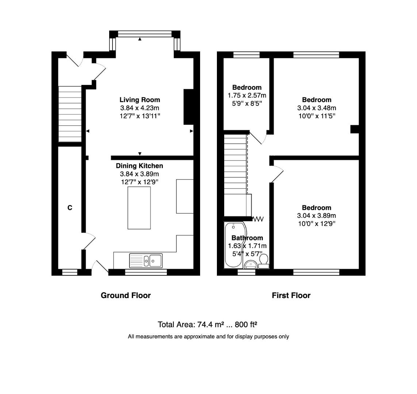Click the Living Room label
(x=139, y=100)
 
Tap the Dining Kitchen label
(x=139, y=166)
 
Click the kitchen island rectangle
(x=139, y=208)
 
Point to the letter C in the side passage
(x=70, y=208)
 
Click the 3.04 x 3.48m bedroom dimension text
(x=317, y=108)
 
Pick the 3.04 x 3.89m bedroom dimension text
(x=317, y=216)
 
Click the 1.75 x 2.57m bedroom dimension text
(x=247, y=95)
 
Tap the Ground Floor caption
(x=126, y=295)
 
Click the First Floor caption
(x=291, y=295)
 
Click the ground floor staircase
(x=70, y=114)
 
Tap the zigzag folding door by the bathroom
(x=258, y=219)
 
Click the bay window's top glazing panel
(x=145, y=34)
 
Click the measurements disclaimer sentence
(x=208, y=337)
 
